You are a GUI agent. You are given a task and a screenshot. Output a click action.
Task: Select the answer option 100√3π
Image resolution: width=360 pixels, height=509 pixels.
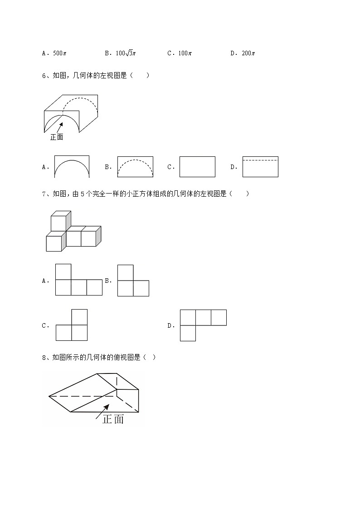tap(126, 53)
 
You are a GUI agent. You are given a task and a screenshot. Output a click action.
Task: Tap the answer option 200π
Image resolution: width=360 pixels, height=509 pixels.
tap(248, 53)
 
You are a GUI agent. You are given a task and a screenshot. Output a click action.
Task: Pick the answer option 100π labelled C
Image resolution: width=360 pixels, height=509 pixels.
tap(185, 53)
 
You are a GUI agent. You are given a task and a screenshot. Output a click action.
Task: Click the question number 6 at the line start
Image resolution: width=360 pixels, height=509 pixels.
tap(44, 76)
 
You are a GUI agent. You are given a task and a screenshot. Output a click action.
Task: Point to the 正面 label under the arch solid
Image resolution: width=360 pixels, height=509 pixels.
tap(57, 137)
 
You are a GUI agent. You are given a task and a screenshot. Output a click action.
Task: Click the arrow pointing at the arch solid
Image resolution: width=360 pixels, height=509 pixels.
tap(59, 129)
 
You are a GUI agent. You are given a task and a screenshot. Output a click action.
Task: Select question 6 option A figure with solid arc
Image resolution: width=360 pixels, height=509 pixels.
tap(72, 167)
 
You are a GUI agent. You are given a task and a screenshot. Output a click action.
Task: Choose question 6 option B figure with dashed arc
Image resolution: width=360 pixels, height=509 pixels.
tap(135, 167)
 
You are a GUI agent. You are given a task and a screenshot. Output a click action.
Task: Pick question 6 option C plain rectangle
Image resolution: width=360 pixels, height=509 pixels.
tap(197, 167)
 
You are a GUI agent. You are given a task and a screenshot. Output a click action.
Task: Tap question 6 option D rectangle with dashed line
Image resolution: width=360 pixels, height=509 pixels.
tap(260, 167)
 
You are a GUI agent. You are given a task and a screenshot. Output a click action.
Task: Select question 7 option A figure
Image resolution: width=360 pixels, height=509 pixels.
tap(78, 280)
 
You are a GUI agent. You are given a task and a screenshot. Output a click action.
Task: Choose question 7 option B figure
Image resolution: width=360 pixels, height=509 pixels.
tap(133, 281)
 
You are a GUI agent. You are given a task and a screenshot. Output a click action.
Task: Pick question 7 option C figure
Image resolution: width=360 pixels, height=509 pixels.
tap(72, 325)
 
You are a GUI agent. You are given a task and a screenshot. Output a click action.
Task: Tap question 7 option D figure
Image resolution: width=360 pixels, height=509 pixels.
tap(203, 325)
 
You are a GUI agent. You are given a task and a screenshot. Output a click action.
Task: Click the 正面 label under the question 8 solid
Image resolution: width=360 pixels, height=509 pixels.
tap(113, 420)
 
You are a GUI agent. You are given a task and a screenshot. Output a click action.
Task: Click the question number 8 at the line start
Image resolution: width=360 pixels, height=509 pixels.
tap(44, 358)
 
